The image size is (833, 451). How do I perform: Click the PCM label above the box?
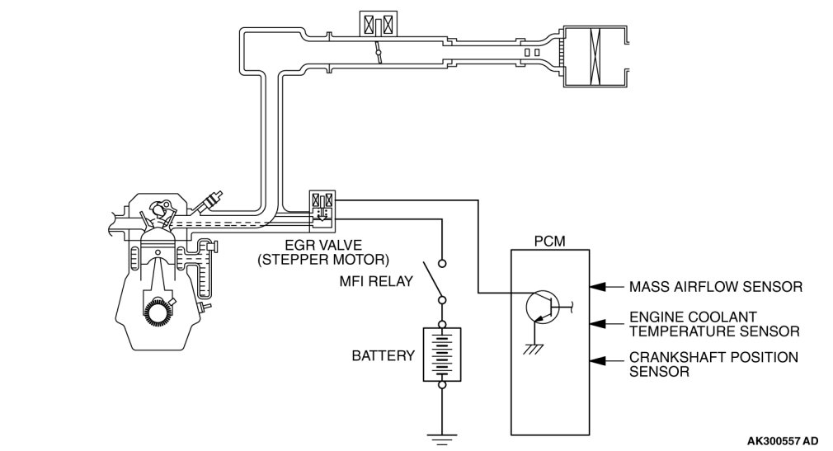coord(550,242)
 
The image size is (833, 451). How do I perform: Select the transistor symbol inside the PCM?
coord(542,307)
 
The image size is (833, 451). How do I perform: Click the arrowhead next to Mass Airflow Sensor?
coord(599,287)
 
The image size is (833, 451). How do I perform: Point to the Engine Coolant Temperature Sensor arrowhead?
coord(599,323)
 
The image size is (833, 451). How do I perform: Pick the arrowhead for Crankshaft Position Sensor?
coord(599,360)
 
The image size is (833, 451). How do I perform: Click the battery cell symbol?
coord(441,355)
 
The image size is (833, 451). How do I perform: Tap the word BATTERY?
coord(383,355)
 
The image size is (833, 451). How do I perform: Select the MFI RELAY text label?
coord(376,281)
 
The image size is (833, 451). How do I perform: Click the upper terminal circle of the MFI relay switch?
coord(441,263)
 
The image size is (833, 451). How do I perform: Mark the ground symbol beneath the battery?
coord(441,439)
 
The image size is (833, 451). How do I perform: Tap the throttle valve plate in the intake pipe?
coord(379,52)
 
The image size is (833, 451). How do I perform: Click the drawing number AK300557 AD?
coord(783,441)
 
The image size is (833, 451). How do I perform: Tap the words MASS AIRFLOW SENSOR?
coord(716,287)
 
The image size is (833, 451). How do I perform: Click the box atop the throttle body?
coord(379,25)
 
